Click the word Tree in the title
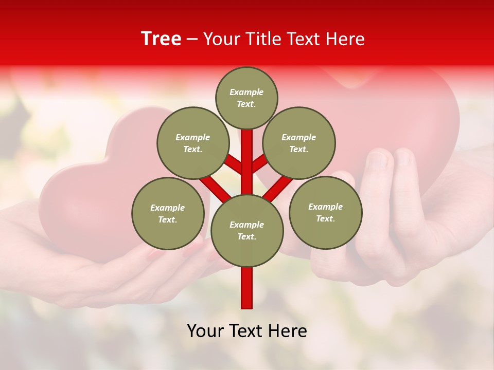click(x=161, y=39)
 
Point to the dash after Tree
click(x=192, y=40)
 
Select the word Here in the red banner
click(x=345, y=39)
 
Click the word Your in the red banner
click(x=223, y=39)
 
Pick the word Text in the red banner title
click(x=304, y=39)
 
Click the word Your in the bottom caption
click(x=205, y=331)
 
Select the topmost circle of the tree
click(x=246, y=98)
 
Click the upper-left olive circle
click(x=193, y=143)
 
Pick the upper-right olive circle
click(x=299, y=143)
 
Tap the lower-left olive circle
click(x=168, y=213)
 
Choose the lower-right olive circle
click(x=325, y=212)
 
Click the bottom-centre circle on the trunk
click(x=246, y=230)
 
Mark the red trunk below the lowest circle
click(x=247, y=288)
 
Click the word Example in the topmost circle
click(x=246, y=92)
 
